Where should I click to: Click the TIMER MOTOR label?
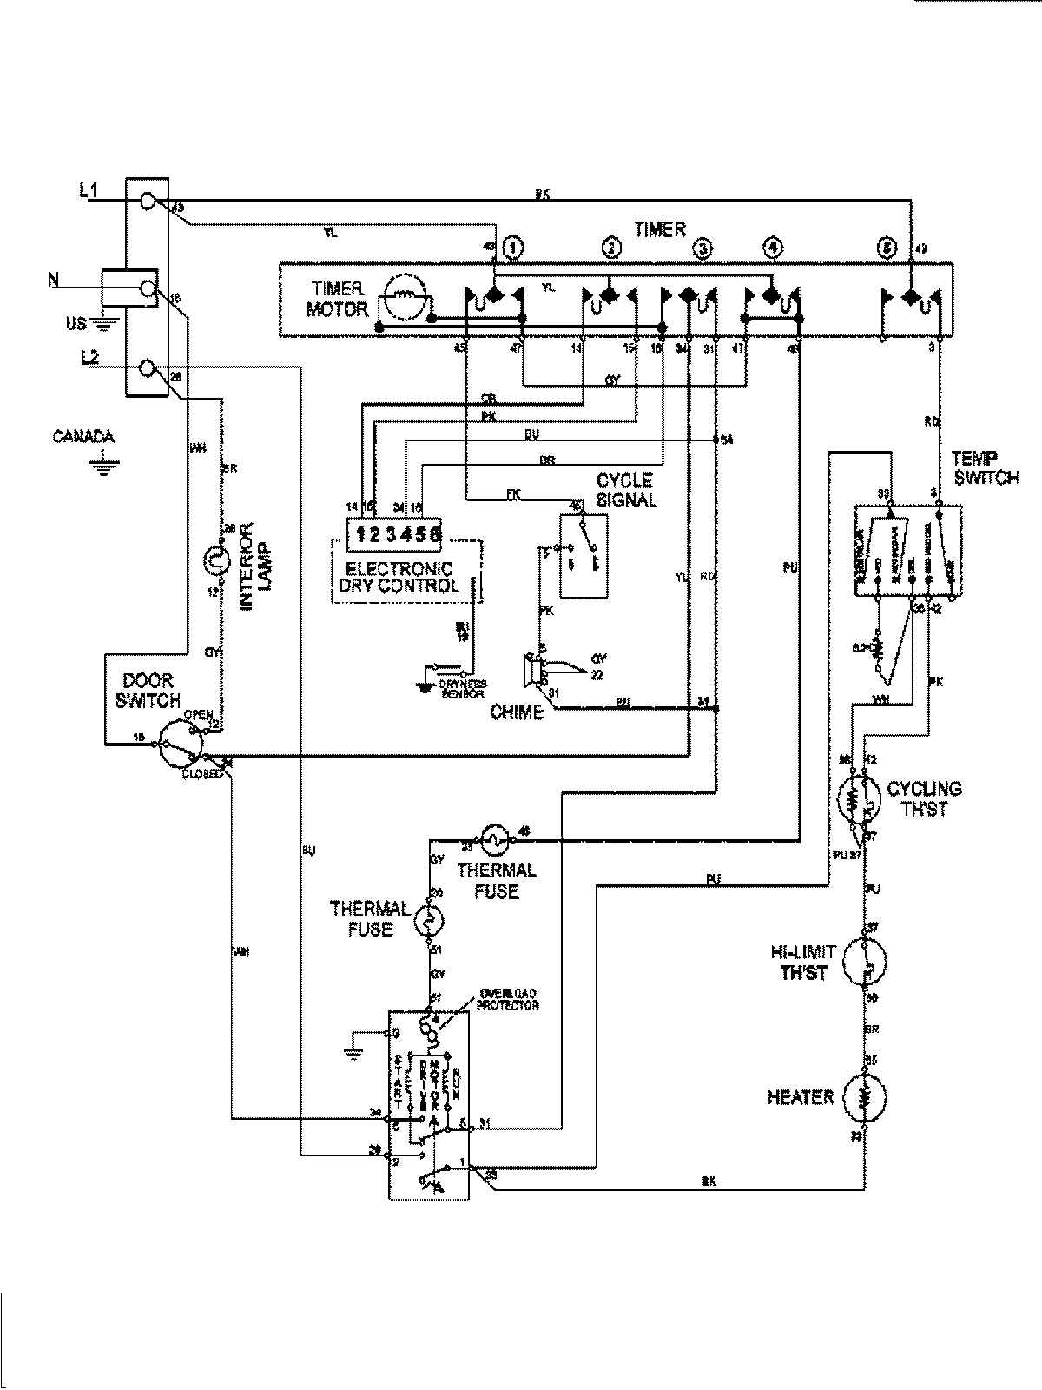[x=339, y=299]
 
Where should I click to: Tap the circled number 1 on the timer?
[x=513, y=248]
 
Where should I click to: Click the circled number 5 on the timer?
[x=885, y=248]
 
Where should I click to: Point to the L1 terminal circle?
[x=148, y=201]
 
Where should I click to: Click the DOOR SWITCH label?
[x=150, y=691]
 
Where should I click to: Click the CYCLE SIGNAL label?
[x=626, y=490]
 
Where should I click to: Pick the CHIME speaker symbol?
[x=530, y=671]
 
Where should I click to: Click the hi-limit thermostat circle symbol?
[x=865, y=962]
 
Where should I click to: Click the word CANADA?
[x=83, y=437]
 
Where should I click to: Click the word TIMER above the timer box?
[x=659, y=229]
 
